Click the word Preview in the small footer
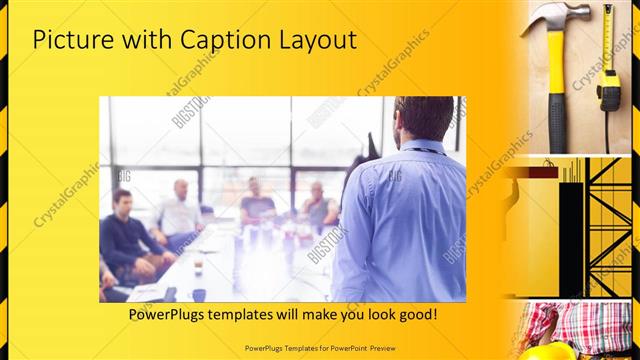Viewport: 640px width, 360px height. pyautogui.click(x=405, y=348)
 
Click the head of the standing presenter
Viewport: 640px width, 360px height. pyautogui.click(x=411, y=118)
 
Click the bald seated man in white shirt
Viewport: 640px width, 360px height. pyautogui.click(x=179, y=210)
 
